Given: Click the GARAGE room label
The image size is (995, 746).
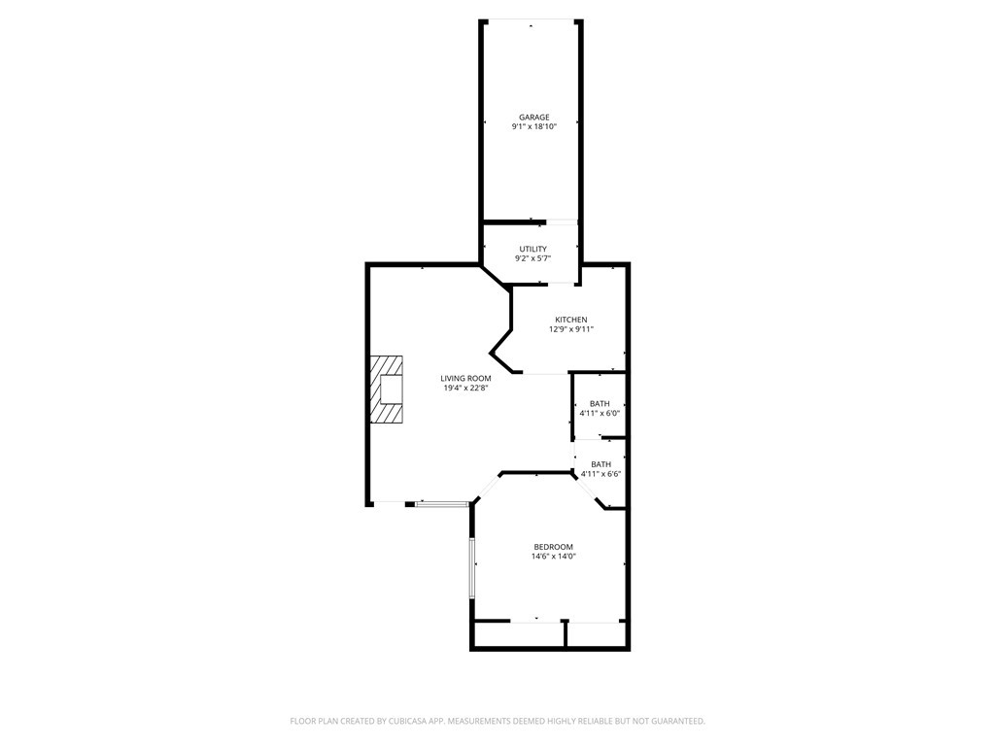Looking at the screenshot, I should (x=533, y=118).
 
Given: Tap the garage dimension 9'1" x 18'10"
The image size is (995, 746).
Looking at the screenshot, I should (x=533, y=126).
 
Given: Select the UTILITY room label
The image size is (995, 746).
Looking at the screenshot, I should (x=532, y=249).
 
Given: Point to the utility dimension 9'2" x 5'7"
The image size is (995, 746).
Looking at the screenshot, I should (x=532, y=258).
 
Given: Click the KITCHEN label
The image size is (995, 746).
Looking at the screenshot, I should (x=570, y=320).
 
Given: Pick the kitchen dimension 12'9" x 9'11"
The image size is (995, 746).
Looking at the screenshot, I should (x=570, y=329).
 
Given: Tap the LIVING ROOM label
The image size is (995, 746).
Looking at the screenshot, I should (x=465, y=378).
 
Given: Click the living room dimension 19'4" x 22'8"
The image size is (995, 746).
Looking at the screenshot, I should (x=465, y=388).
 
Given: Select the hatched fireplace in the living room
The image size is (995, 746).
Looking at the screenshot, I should (x=386, y=389).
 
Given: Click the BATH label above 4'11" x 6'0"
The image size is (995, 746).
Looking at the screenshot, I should (x=600, y=404).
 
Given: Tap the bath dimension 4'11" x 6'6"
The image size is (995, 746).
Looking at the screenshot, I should (x=600, y=474).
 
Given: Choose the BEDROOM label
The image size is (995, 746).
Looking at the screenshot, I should (x=553, y=547).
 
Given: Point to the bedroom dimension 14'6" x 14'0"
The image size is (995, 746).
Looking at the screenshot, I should (x=553, y=557).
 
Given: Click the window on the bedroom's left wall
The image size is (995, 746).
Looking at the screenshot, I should (x=472, y=567).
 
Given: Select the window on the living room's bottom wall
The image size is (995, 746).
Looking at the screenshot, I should (x=441, y=503).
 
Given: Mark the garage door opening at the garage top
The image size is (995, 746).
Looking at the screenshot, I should (x=532, y=20).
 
